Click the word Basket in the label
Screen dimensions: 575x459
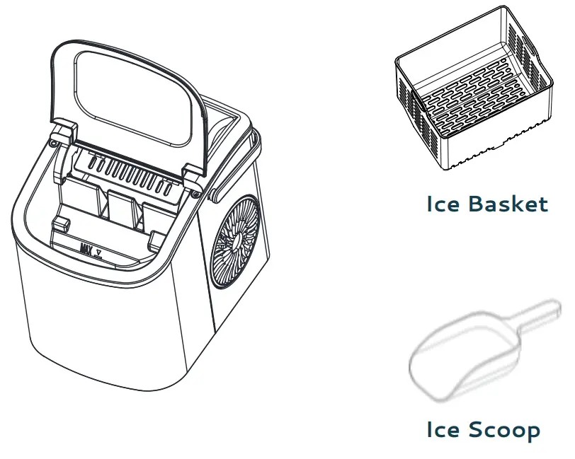[507, 204]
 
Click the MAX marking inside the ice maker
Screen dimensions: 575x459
[87, 249]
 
